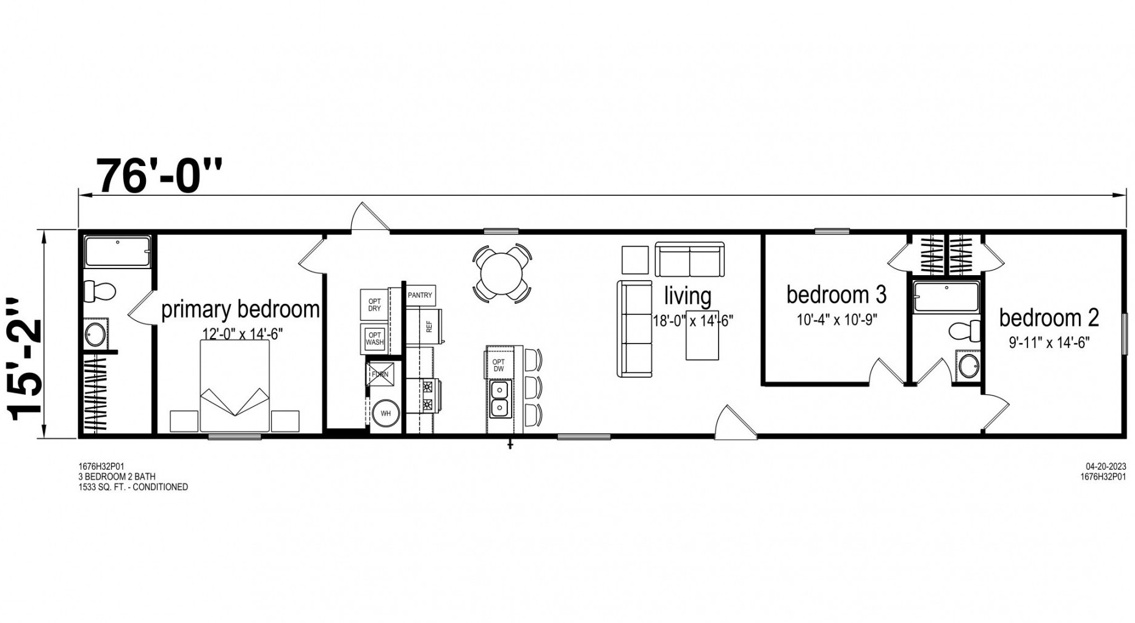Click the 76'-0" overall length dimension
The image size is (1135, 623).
(x=160, y=176)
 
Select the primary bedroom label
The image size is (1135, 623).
(x=241, y=309)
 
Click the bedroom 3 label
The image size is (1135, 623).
(x=836, y=295)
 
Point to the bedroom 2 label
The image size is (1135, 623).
(x=1049, y=318)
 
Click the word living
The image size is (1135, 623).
(x=687, y=297)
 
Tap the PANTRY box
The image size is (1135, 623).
(x=420, y=295)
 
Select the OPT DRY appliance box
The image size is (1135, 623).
(x=374, y=305)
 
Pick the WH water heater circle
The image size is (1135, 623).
(x=386, y=413)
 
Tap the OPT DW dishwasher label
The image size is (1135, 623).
(x=499, y=366)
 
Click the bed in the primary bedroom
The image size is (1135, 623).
(x=235, y=386)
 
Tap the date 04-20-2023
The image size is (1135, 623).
(x=1106, y=467)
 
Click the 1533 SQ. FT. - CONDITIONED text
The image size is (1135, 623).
(x=133, y=487)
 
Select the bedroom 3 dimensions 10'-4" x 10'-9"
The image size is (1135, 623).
(x=836, y=319)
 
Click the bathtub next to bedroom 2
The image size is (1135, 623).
(x=946, y=297)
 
